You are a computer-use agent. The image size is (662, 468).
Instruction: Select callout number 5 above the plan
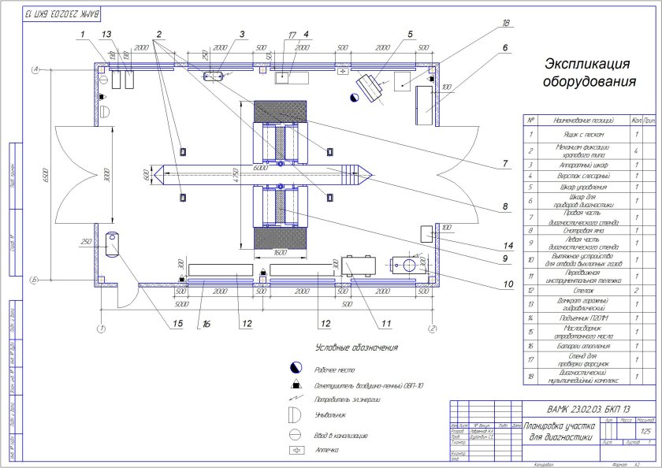[411, 34]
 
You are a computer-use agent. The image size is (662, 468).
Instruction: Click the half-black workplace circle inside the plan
[355, 96]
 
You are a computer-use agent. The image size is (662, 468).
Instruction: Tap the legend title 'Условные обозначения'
[356, 347]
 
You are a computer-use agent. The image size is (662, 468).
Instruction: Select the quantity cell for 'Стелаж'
[636, 290]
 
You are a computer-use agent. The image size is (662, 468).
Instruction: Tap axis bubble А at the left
[35, 70]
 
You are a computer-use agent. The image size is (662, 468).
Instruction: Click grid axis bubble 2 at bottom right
[432, 328]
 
